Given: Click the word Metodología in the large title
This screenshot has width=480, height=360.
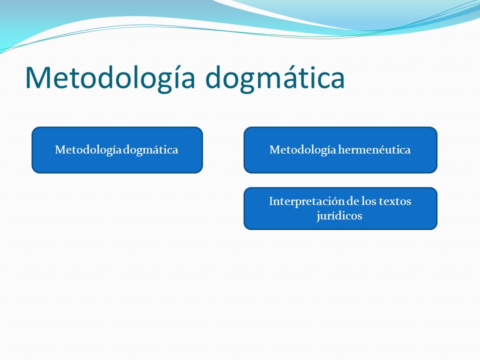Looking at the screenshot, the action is tap(110, 78).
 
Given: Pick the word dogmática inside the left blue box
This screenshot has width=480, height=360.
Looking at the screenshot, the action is tap(151, 150).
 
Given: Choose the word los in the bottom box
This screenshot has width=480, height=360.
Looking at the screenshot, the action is tap(369, 201).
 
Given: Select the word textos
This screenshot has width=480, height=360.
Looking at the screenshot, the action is tap(395, 201).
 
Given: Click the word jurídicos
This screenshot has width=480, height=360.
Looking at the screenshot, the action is tap(339, 216).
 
